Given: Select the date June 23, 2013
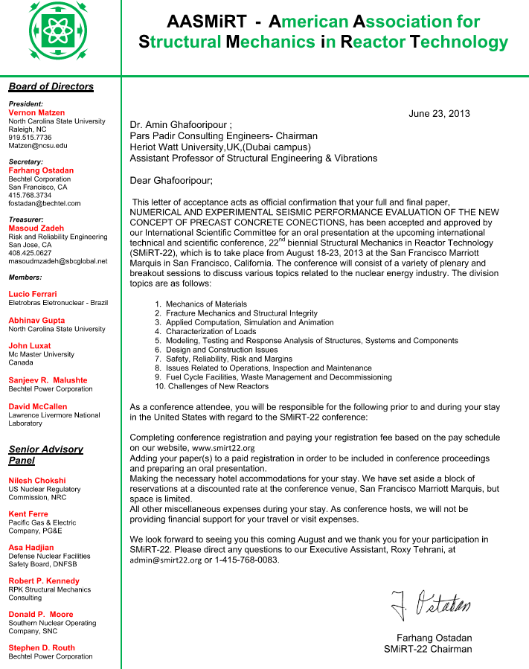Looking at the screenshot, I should pos(439,114).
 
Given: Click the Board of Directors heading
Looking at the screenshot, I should pos(51,86).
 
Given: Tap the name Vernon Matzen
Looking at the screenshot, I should pos(36,112).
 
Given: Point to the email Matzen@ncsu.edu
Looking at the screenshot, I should pos(37,146).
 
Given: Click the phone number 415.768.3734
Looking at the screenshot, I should pos(30,195).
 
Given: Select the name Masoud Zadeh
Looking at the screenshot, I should pos(36,228).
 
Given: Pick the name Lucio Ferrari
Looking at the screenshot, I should pos(33,294).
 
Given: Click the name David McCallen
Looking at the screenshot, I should pos(38,406).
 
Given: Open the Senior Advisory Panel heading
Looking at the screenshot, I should pos(45,455).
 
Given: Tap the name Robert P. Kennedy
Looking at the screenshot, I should pos(44,580).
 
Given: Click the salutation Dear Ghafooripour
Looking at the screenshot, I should pos(171,180).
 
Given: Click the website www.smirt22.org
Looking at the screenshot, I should pos(223,449).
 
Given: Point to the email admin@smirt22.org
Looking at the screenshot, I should pos(165,560).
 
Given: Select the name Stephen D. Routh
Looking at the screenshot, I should pos(42,647).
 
